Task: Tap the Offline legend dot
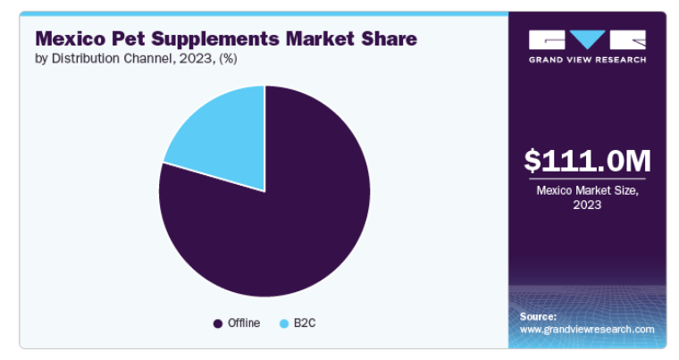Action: (218, 323)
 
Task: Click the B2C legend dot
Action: (284, 323)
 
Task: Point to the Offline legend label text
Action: (244, 323)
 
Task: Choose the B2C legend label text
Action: (305, 323)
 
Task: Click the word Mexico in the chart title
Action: (71, 38)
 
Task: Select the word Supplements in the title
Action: (215, 39)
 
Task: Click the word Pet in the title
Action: (128, 38)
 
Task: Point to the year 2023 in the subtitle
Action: (196, 58)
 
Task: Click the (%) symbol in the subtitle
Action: (228, 58)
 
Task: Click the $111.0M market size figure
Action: (587, 161)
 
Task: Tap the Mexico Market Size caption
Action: (587, 197)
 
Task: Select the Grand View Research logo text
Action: (587, 60)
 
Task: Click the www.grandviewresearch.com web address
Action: (587, 330)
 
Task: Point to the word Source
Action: (538, 317)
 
